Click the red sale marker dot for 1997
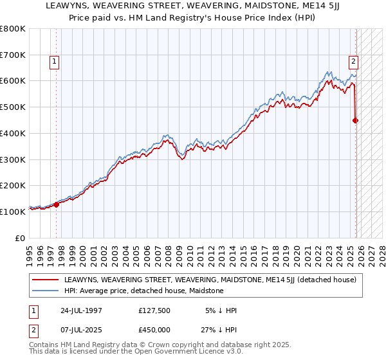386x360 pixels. (x=57, y=204)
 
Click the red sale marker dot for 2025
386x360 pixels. (x=356, y=120)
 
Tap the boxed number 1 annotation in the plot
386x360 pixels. (x=53, y=62)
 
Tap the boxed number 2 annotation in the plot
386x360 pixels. (x=353, y=62)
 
